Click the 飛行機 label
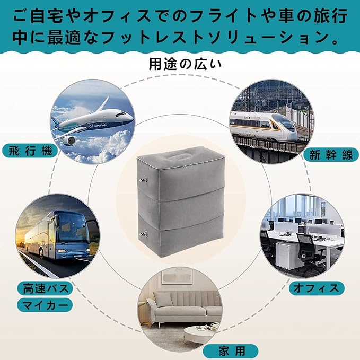30,150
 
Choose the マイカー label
45,306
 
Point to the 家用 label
230,350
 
